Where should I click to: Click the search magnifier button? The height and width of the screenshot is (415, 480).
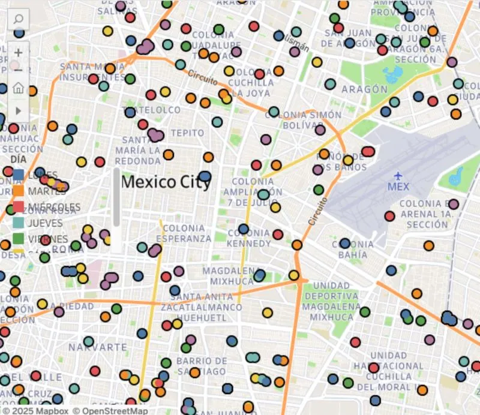point(18,20)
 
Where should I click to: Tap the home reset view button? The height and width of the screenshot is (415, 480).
point(18,89)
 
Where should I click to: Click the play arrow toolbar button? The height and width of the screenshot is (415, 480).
point(18,110)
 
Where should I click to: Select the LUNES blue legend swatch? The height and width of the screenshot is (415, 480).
point(19,175)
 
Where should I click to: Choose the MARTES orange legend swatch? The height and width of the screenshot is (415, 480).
point(19,191)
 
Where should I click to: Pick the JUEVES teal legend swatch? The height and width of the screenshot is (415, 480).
point(19,222)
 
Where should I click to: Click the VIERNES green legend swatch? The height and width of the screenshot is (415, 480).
point(19,239)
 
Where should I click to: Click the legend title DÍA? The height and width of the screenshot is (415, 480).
point(19,160)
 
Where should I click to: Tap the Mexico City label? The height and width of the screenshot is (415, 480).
point(166,182)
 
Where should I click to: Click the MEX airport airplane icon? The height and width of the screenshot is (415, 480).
point(398,175)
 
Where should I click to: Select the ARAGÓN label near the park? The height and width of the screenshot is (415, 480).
point(364,89)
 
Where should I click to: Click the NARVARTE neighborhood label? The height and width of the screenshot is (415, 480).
point(89,347)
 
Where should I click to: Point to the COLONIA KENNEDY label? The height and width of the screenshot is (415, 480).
point(249,238)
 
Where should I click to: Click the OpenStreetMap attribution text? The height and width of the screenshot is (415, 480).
point(110,411)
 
